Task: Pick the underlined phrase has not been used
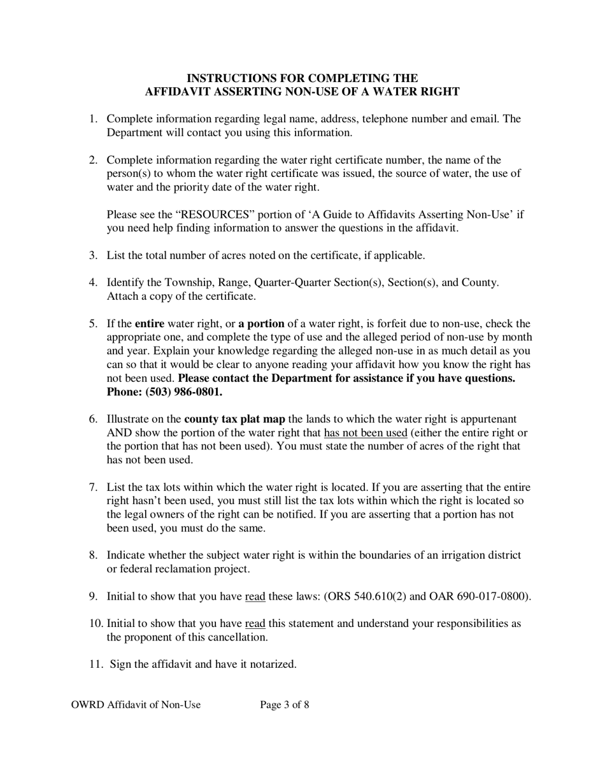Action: [366, 433]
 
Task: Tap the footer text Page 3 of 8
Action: [285, 705]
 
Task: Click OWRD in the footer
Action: [87, 705]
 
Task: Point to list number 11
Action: [96, 664]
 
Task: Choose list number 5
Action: [93, 323]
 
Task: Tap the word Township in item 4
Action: [189, 282]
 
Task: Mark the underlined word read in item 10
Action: [255, 623]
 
